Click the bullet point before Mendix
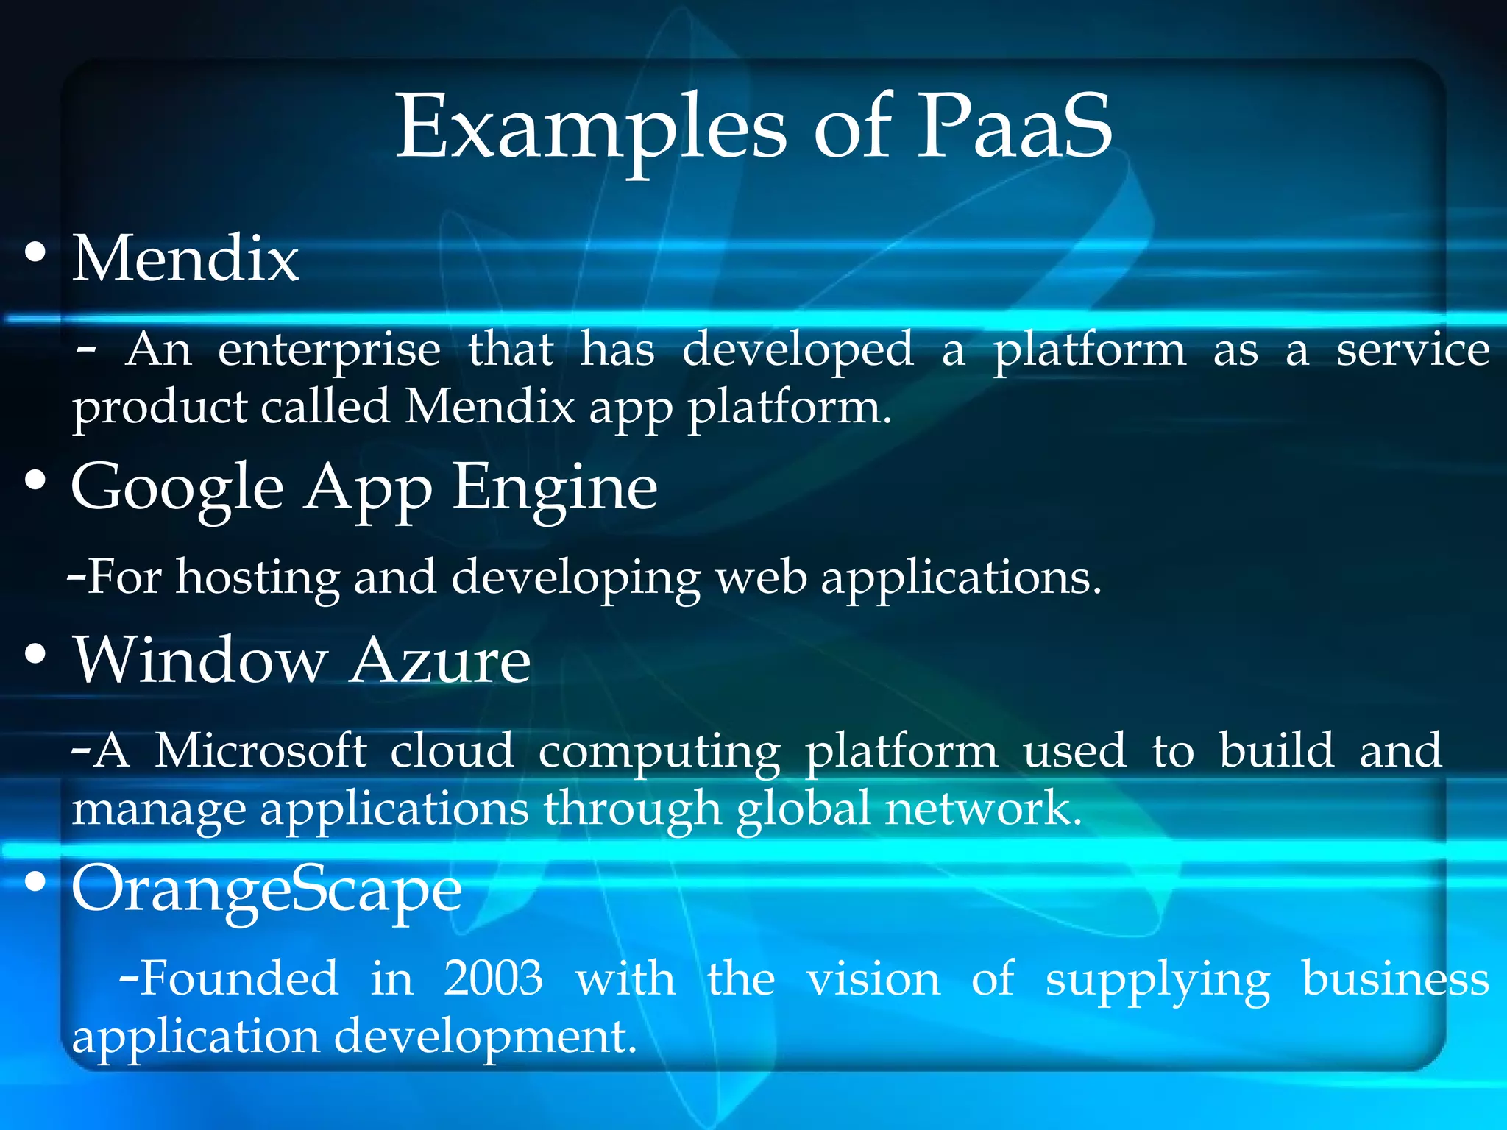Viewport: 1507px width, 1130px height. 35,254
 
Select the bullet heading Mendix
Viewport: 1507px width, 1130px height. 185,259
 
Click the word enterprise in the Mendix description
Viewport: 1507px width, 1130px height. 329,351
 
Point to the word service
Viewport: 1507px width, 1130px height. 1413,350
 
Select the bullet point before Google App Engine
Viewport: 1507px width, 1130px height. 35,482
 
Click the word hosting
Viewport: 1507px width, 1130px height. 258,578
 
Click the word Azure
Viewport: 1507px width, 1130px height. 439,660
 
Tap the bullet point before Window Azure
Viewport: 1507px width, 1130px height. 35,654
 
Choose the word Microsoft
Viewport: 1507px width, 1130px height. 260,751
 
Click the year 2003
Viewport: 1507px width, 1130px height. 493,979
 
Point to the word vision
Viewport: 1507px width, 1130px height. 873,979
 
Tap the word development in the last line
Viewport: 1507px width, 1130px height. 485,1037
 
